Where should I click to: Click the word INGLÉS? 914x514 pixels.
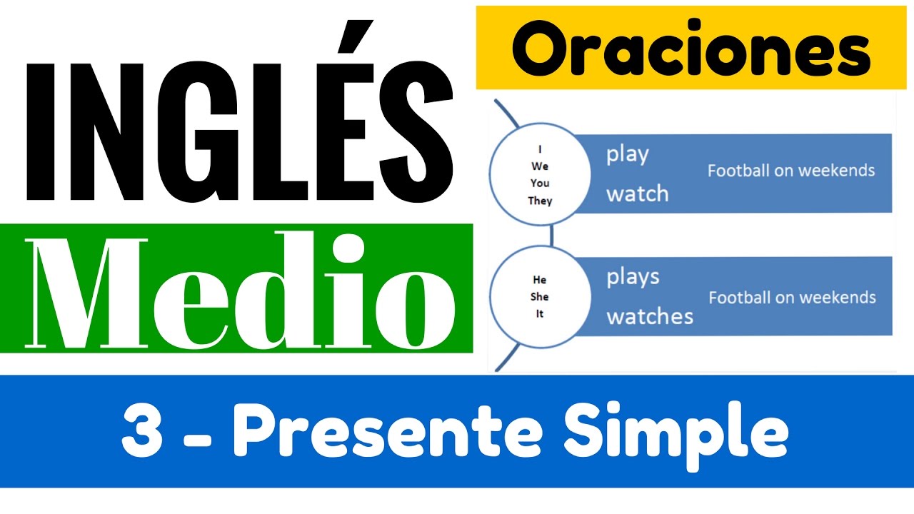pyautogui.click(x=239, y=132)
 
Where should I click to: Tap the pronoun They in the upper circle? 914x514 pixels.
pyautogui.click(x=540, y=201)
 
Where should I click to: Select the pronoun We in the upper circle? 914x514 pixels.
pyautogui.click(x=540, y=166)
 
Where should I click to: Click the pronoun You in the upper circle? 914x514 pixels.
pyautogui.click(x=540, y=183)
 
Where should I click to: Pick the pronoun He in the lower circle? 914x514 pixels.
pyautogui.click(x=540, y=280)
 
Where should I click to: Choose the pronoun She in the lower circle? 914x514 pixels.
pyautogui.click(x=540, y=297)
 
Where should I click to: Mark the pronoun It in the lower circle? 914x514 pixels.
pyautogui.click(x=540, y=314)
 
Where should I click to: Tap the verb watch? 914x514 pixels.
pyautogui.click(x=637, y=193)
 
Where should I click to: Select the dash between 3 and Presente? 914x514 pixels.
pyautogui.click(x=201, y=435)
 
